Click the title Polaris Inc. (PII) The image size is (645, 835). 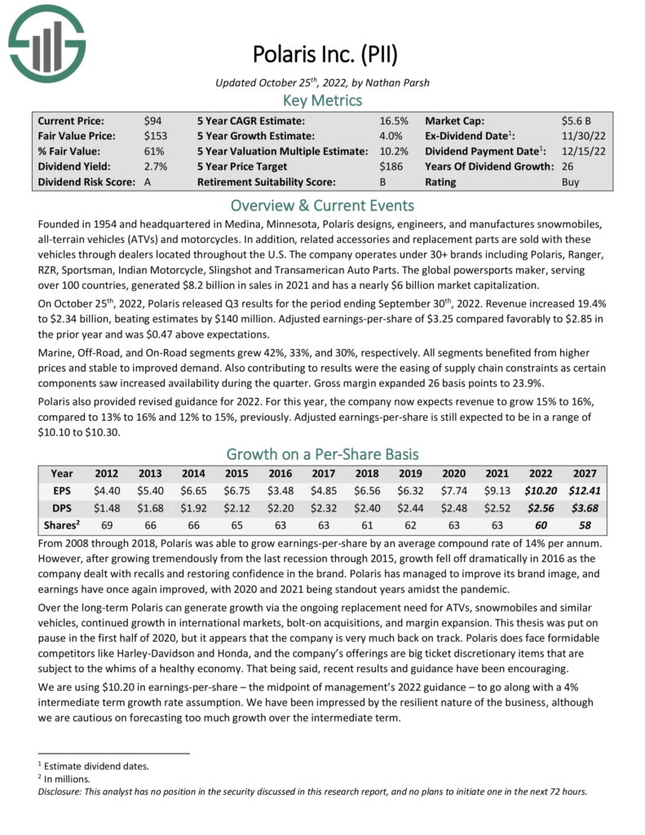click(323, 57)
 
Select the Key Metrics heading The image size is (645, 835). click(323, 100)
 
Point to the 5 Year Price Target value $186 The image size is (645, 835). click(394, 167)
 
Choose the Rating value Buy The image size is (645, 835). click(571, 183)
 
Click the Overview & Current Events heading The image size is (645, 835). click(323, 205)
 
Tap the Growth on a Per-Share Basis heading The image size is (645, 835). click(323, 454)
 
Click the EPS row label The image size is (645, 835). click(62, 490)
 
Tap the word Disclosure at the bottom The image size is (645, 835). click(62, 791)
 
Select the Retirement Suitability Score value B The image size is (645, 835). click(382, 183)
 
